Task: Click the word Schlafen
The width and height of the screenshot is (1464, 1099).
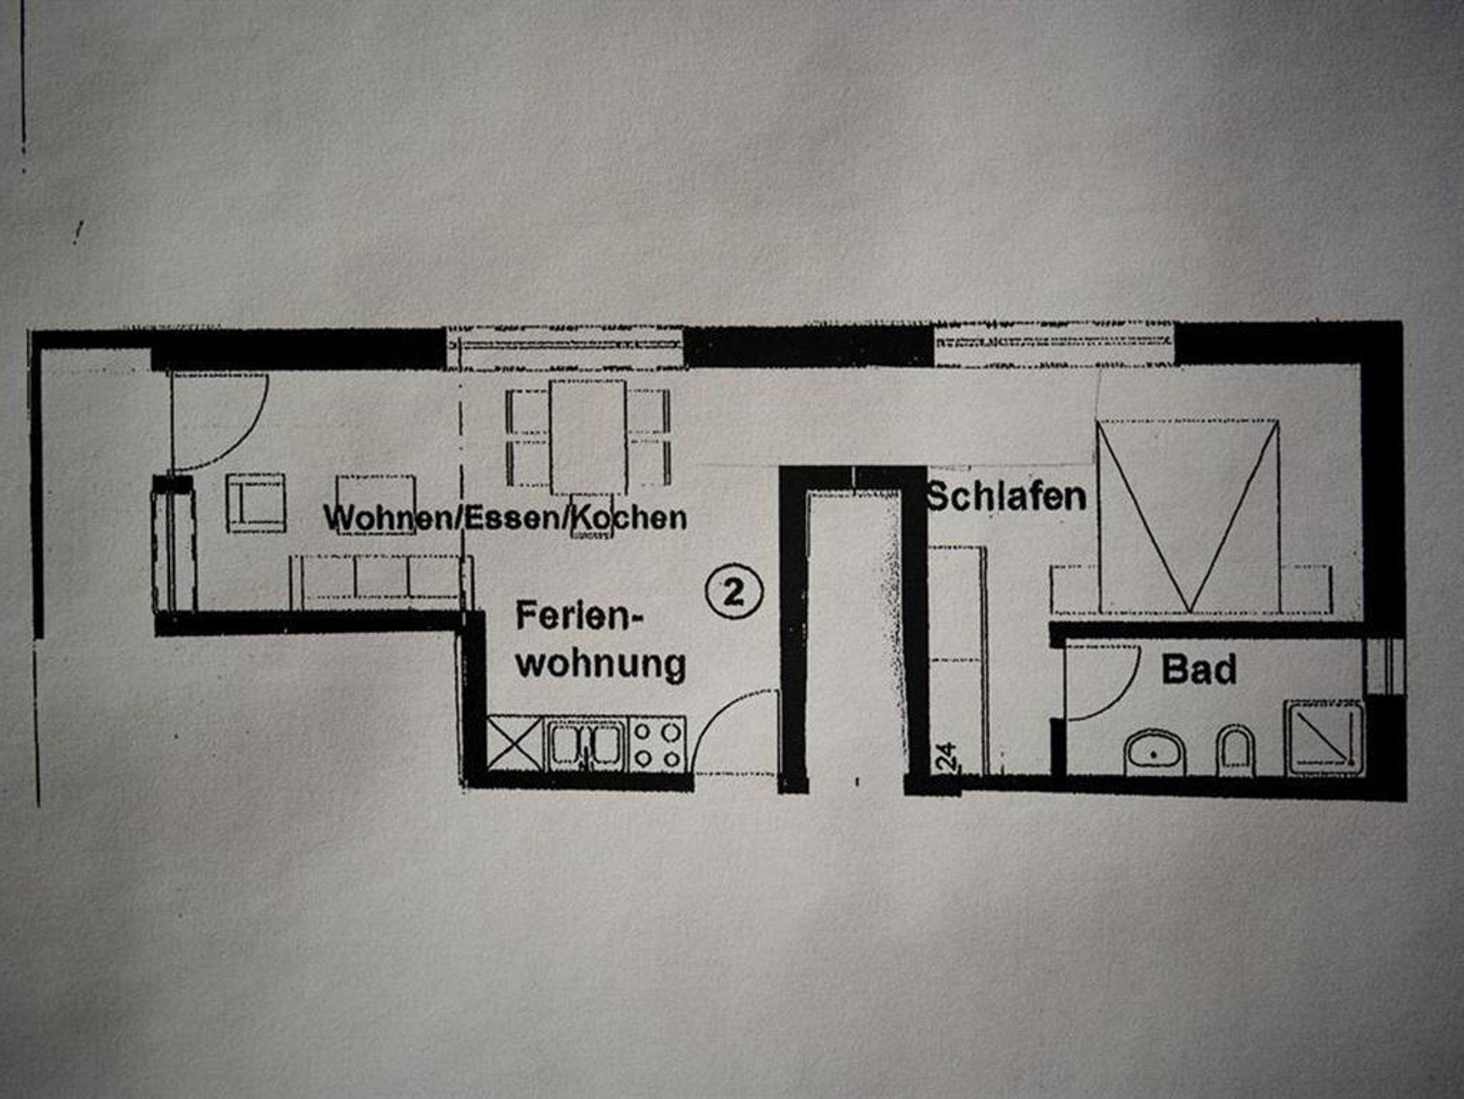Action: (1006, 497)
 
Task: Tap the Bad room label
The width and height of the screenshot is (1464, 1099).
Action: (1199, 670)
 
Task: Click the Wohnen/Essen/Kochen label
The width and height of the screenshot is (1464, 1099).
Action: (505, 517)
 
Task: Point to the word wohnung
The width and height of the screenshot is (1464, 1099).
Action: (600, 664)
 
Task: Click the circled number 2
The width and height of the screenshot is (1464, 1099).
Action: (734, 592)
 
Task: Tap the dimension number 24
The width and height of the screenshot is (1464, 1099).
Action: (946, 756)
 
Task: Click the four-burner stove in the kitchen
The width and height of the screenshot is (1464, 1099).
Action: (658, 745)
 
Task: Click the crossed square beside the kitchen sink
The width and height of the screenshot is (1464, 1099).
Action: (515, 745)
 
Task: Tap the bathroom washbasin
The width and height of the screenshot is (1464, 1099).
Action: (1153, 752)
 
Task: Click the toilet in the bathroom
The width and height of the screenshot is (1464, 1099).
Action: (1235, 752)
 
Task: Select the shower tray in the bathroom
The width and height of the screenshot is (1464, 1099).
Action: (1324, 737)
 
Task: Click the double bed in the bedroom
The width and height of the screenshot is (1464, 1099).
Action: (1187, 516)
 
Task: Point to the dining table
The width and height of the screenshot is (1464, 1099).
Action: (588, 437)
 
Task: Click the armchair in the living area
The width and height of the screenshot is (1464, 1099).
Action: (256, 503)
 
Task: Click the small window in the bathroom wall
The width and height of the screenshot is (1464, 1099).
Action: (1384, 666)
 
